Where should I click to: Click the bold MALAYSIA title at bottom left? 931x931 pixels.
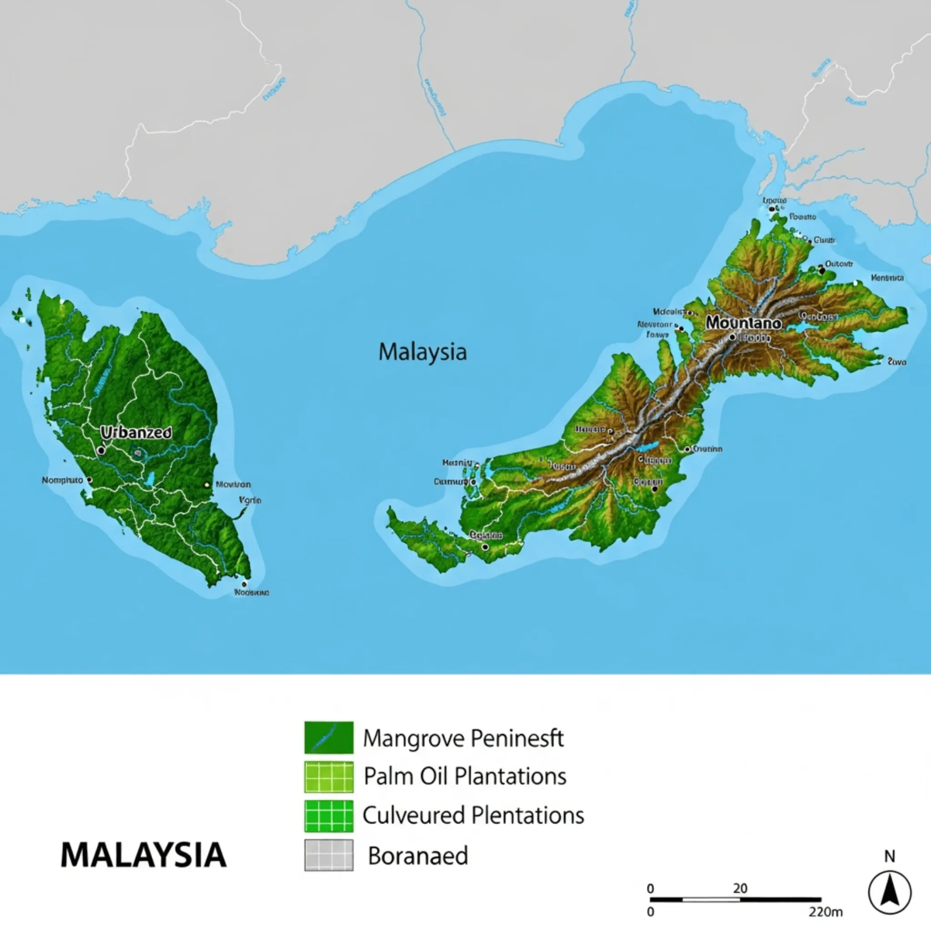pyautogui.click(x=144, y=855)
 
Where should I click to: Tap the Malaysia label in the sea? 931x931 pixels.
pyautogui.click(x=422, y=351)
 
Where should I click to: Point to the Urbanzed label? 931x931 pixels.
pyautogui.click(x=136, y=433)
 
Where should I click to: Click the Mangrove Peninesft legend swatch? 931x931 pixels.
pyautogui.click(x=329, y=737)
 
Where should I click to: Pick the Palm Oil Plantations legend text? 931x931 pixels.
pyautogui.click(x=465, y=776)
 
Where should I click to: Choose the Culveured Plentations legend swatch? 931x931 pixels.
pyautogui.click(x=329, y=816)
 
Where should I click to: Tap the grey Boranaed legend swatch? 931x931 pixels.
pyautogui.click(x=329, y=855)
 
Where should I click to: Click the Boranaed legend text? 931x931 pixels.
pyautogui.click(x=417, y=856)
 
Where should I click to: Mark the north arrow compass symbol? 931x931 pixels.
pyautogui.click(x=889, y=891)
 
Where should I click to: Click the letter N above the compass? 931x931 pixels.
pyautogui.click(x=889, y=857)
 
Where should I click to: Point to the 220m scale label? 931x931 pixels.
pyautogui.click(x=825, y=912)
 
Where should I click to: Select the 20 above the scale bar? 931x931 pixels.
pyautogui.click(x=740, y=888)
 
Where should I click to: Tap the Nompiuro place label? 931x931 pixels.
pyautogui.click(x=62, y=480)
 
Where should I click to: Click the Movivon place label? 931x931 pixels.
pyautogui.click(x=233, y=484)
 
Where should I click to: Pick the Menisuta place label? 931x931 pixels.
pyautogui.click(x=887, y=278)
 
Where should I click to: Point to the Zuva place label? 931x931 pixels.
pyautogui.click(x=896, y=362)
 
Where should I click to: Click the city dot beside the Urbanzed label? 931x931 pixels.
pyautogui.click(x=101, y=450)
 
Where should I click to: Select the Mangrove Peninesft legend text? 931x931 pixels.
pyautogui.click(x=463, y=738)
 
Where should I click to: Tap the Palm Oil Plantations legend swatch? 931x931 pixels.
pyautogui.click(x=329, y=777)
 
